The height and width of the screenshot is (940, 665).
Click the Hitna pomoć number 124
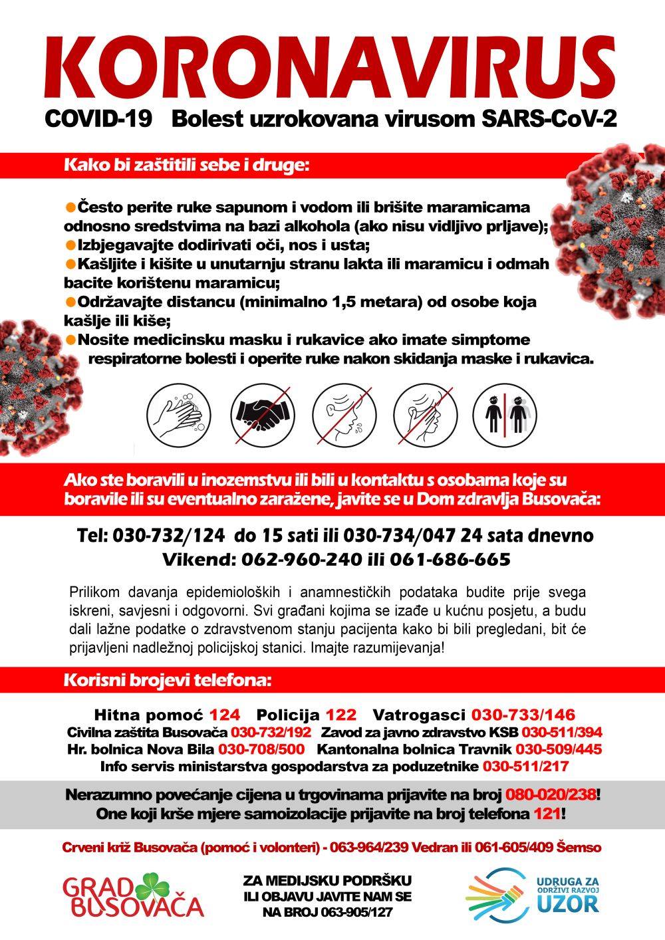coord(225,715)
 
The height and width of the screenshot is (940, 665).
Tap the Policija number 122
coord(340,715)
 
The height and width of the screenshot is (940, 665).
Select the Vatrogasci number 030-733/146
coord(523,715)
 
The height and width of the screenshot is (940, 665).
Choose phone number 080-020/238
coord(551,794)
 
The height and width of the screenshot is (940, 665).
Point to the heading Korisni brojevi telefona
coord(167,681)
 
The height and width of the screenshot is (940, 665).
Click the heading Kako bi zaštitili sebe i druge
coord(187,164)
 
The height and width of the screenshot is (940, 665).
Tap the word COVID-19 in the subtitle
coord(98,119)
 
